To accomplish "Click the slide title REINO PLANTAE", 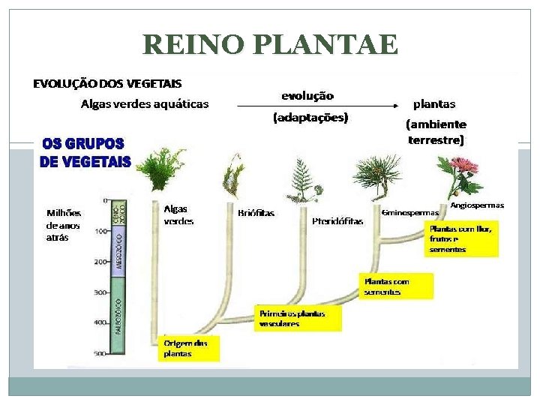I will coord(270,45).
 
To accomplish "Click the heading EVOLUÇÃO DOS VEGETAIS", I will coord(107,83).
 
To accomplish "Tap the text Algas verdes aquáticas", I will coord(145,104).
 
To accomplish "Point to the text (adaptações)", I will coord(310,118).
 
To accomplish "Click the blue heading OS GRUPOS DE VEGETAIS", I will coord(85,152).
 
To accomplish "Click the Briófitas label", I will coord(256,213).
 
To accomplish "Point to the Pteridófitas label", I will coord(337,221).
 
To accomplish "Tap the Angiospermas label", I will coord(477,205).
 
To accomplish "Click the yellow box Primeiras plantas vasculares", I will coord(298,319).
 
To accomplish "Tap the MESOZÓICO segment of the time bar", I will coord(118,248).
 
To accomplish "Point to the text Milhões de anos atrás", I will coord(64,225).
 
